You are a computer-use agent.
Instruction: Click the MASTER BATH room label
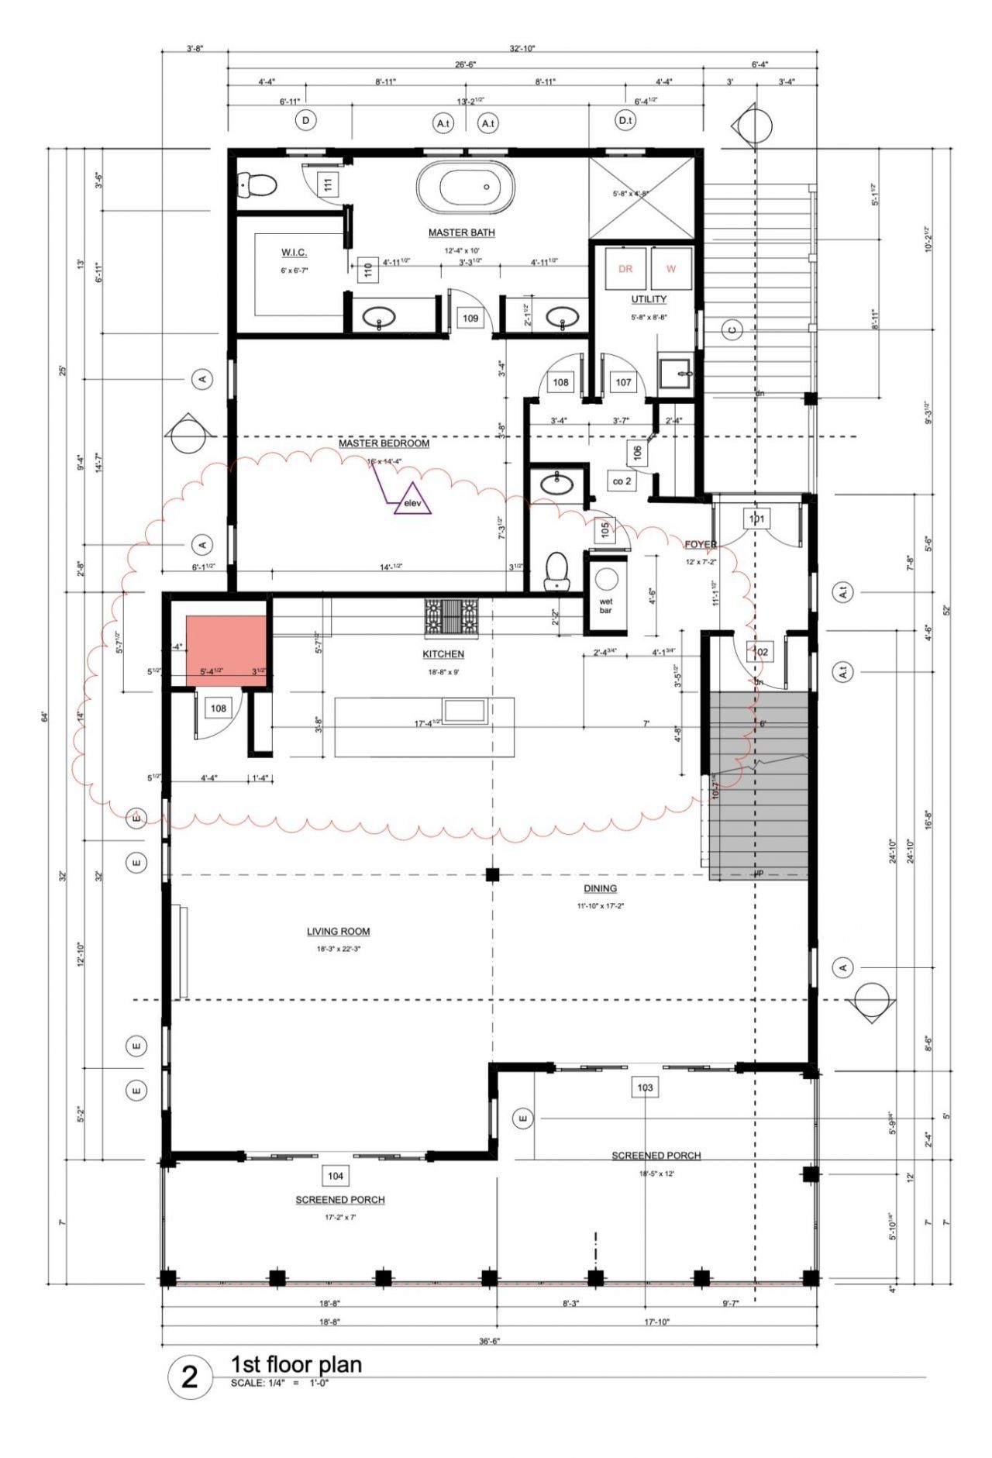[461, 233]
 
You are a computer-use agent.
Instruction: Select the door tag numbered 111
[328, 184]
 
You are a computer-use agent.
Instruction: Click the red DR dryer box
[625, 269]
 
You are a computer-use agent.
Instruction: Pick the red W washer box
[671, 269]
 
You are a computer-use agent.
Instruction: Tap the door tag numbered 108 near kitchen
[219, 708]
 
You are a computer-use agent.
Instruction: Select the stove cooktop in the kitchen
[451, 617]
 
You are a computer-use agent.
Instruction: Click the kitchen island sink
[464, 710]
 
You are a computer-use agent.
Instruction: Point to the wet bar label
[605, 605]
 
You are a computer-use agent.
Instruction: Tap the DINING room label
[600, 888]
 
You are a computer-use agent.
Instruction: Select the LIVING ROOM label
[338, 932]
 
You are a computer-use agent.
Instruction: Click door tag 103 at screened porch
[645, 1087]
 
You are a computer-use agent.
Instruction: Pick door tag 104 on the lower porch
[335, 1176]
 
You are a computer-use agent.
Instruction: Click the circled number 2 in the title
[190, 1377]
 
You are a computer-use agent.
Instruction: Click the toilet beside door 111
[258, 184]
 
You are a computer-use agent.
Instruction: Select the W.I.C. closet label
[294, 253]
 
